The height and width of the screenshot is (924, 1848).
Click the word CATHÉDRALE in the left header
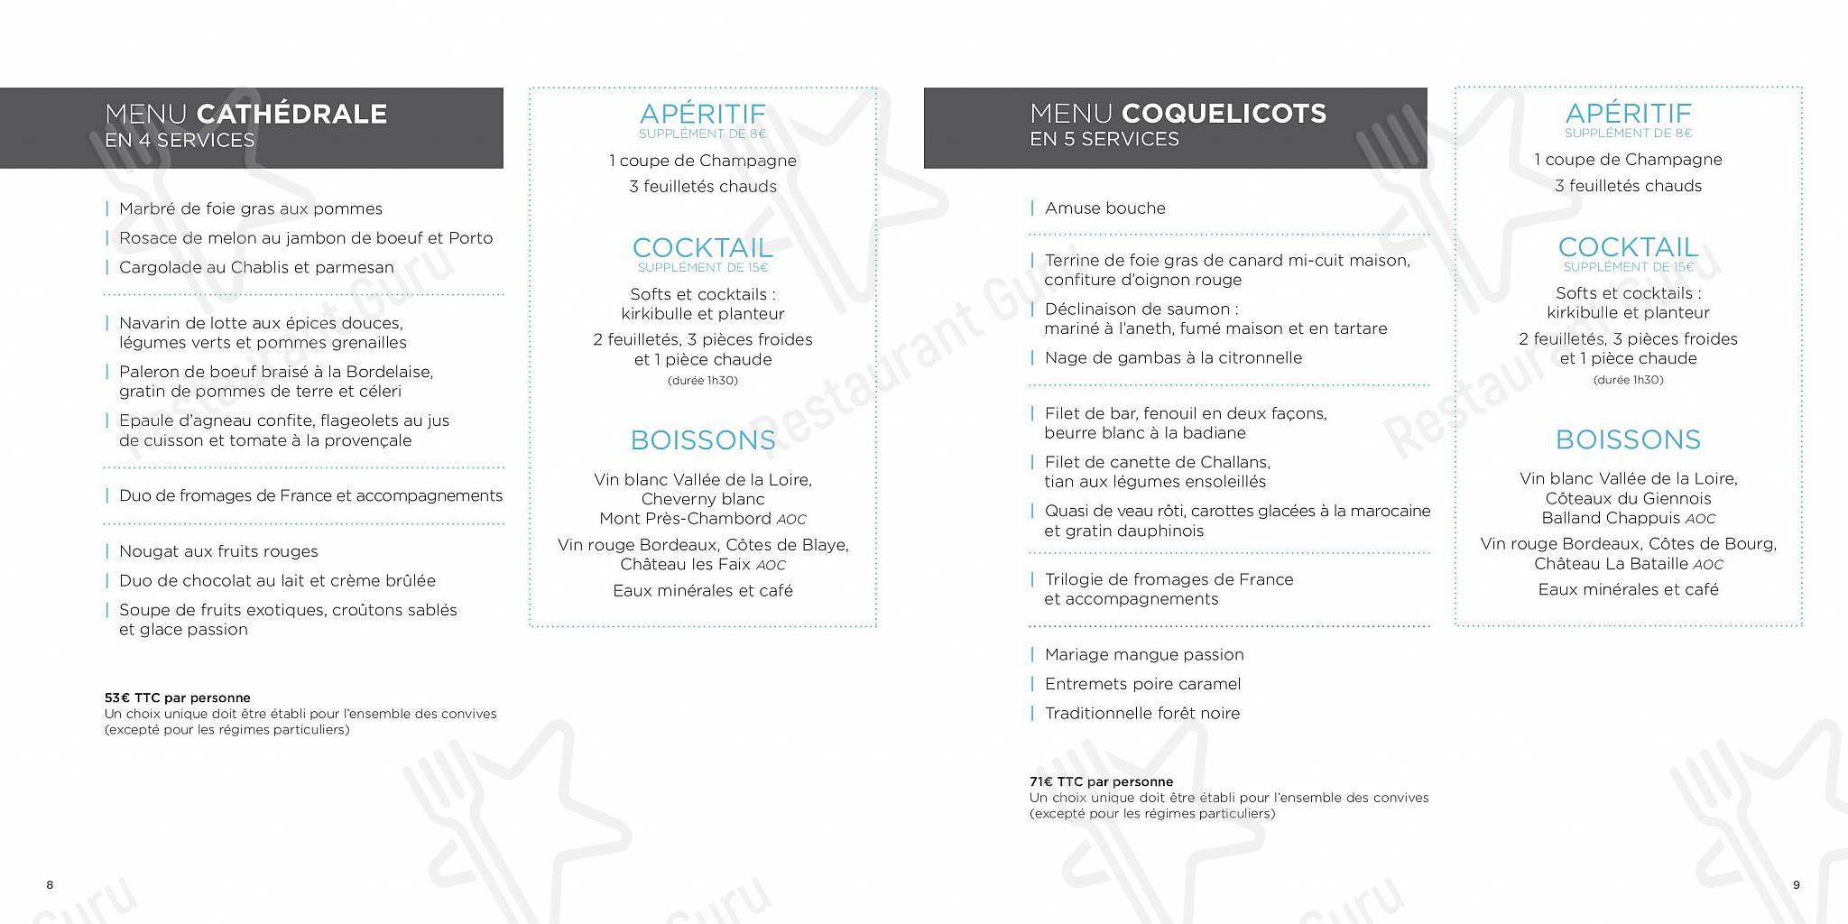(291, 114)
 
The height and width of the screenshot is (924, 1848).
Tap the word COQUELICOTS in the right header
(1224, 114)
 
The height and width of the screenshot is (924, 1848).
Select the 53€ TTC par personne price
(178, 698)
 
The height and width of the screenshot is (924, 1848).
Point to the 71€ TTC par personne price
(1101, 781)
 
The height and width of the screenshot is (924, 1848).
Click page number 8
(50, 885)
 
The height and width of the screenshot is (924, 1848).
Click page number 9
(1796, 885)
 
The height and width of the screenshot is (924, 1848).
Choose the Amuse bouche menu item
(1104, 208)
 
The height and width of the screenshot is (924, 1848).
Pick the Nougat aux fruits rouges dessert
(218, 551)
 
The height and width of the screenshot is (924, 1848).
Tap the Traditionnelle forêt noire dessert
(1141, 713)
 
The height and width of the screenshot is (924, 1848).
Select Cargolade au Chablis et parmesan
(256, 267)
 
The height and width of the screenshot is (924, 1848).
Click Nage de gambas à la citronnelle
(1173, 357)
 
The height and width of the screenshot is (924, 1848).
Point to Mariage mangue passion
(1143, 654)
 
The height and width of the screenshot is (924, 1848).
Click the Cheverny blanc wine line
(703, 499)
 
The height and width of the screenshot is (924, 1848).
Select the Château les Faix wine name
(686, 565)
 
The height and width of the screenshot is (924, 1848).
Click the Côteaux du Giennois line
(1628, 498)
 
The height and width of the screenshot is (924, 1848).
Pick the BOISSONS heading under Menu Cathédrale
(703, 440)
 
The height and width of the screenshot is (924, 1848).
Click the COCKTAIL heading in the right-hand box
(1628, 247)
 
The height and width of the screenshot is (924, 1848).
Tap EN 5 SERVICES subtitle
(1104, 139)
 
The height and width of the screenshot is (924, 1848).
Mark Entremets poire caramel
(1142, 684)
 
